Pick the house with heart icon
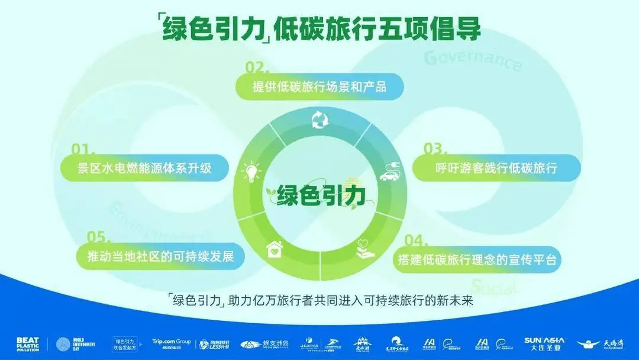pos(274,248)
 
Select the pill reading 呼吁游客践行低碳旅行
pos(496,168)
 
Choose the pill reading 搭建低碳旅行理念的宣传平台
pos(477,259)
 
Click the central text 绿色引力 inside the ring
pos(320,194)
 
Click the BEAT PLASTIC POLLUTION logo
pos(28,343)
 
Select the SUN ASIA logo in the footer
pos(544,343)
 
